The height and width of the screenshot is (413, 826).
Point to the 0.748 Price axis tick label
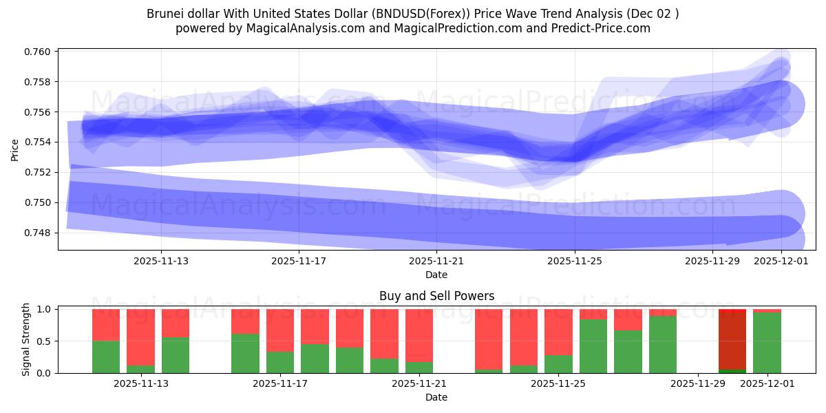pyautogui.click(x=40, y=233)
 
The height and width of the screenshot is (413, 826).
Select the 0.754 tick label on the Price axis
pyautogui.click(x=40, y=142)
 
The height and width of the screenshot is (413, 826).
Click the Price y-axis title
pyautogui.click(x=15, y=149)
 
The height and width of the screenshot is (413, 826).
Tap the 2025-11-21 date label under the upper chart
pyautogui.click(x=437, y=261)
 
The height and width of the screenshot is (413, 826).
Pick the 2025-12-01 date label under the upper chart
pyautogui.click(x=781, y=261)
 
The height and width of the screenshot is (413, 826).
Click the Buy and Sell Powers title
pyautogui.click(x=436, y=296)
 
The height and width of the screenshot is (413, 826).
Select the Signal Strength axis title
pyautogui.click(x=25, y=339)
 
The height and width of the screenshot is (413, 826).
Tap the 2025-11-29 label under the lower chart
pyautogui.click(x=698, y=384)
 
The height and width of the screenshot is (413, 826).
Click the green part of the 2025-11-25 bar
pyautogui.click(x=558, y=363)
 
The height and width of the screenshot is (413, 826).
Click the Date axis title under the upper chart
pyautogui.click(x=436, y=275)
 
